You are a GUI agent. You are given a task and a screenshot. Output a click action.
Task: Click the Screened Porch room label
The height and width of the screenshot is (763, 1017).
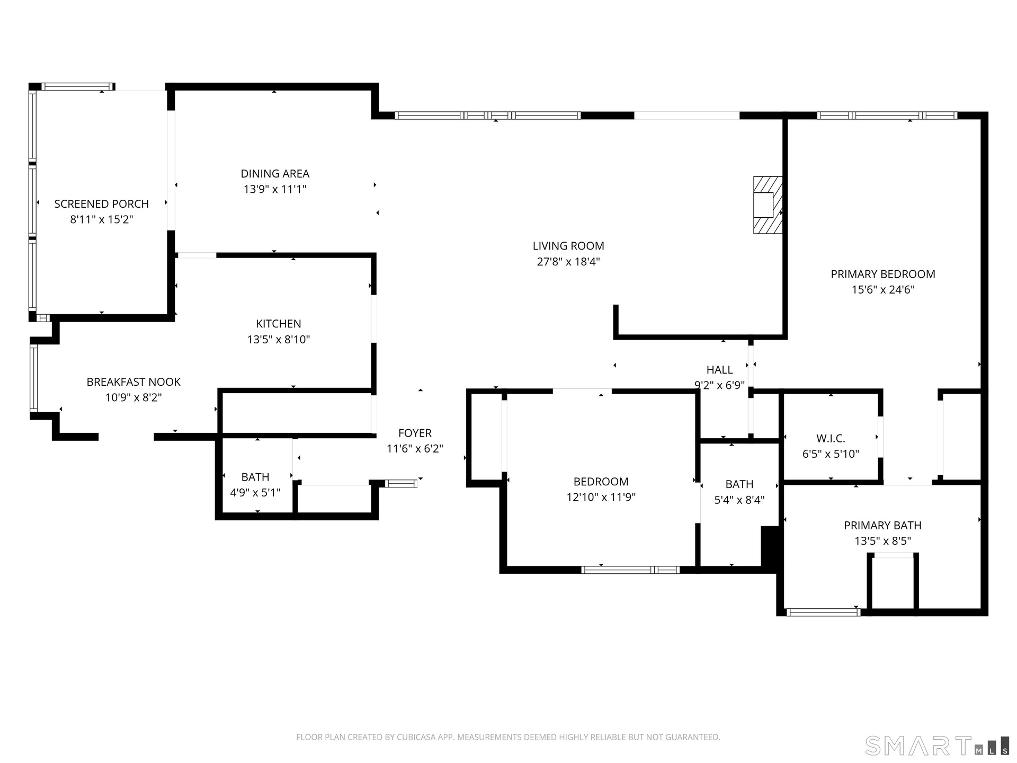coord(101,204)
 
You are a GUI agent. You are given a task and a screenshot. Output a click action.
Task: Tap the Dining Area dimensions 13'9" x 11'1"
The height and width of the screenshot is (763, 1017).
coord(275,189)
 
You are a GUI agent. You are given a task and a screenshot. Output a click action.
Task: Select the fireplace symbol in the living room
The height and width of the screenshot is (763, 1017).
coord(768,205)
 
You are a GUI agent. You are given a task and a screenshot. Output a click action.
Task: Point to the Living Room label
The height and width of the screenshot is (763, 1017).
coord(568,246)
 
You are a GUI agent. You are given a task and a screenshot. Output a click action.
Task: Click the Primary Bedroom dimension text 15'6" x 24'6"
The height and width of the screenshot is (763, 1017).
coord(883,290)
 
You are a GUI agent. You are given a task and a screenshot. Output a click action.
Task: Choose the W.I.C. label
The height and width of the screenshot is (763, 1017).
coord(831,439)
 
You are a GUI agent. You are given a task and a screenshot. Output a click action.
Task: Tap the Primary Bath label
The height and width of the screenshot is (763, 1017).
coord(882,526)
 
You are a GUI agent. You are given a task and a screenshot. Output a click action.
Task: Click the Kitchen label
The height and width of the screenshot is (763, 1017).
coord(279,324)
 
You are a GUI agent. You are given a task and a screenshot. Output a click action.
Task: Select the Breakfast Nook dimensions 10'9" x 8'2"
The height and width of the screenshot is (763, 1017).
coord(133,397)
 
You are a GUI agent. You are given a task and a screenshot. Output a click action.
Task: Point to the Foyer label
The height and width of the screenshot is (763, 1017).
coord(415,433)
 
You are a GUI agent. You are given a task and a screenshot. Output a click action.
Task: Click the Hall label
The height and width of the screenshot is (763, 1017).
coord(719,370)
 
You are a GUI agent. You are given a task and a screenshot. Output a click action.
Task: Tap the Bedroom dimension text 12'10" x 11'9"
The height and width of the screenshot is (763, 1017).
coord(601,497)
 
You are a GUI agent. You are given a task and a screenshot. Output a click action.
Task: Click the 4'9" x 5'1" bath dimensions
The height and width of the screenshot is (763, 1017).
coord(255,493)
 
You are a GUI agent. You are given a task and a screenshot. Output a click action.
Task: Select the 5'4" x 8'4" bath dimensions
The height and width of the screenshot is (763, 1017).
coord(739,500)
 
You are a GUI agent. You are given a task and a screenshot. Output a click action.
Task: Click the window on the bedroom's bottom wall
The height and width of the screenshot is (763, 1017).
coord(630,570)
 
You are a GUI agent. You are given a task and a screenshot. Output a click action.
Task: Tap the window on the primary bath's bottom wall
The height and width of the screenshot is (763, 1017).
coord(823,613)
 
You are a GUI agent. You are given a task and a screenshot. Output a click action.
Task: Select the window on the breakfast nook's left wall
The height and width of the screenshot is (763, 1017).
coord(34,378)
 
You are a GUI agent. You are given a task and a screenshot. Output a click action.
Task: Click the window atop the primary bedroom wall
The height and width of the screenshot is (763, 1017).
coord(887,116)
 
